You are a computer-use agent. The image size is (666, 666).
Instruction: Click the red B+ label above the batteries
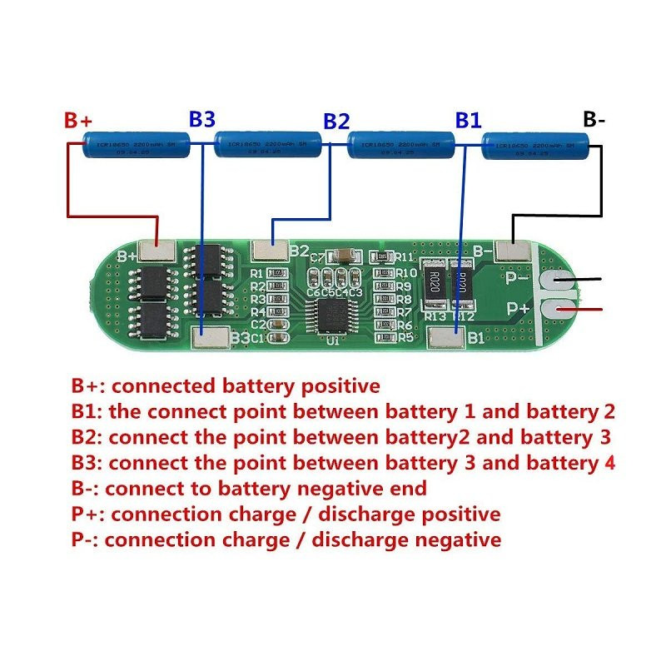78,121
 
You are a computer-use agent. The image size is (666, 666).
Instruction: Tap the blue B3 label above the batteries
202,118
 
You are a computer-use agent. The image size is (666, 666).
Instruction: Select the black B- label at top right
594,119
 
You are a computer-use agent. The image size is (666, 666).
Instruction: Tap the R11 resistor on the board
384,256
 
